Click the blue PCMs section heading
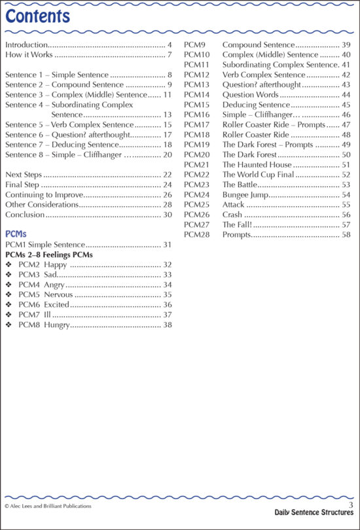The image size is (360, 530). click(16, 234)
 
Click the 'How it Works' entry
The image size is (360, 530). click(28, 56)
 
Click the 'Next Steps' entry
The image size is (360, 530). click(23, 174)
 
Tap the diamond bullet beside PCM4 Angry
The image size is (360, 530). click(9, 285)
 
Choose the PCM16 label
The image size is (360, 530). click(196, 115)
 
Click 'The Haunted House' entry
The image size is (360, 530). click(257, 165)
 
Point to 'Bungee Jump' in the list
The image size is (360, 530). click(245, 195)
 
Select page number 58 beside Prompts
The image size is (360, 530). click(346, 234)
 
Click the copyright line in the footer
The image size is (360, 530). click(48, 506)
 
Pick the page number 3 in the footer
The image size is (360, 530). click(351, 504)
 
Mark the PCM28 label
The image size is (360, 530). click(196, 234)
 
